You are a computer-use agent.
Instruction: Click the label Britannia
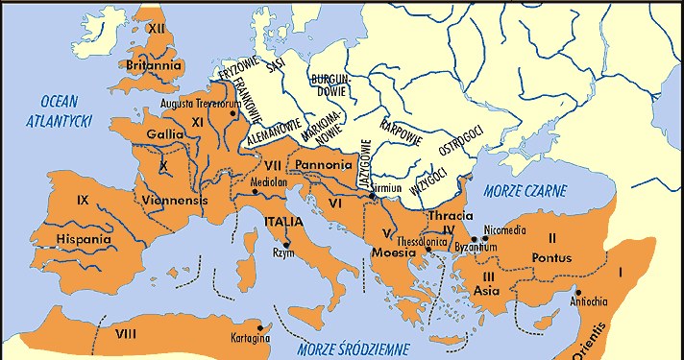[154, 65]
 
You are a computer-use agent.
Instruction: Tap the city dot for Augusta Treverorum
[232, 113]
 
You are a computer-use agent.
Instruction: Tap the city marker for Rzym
[286, 245]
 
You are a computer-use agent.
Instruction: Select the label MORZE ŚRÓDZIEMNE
[353, 348]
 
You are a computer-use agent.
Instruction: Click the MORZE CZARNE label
[525, 189]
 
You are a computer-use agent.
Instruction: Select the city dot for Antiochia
[578, 293]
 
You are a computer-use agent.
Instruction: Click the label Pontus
[551, 257]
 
